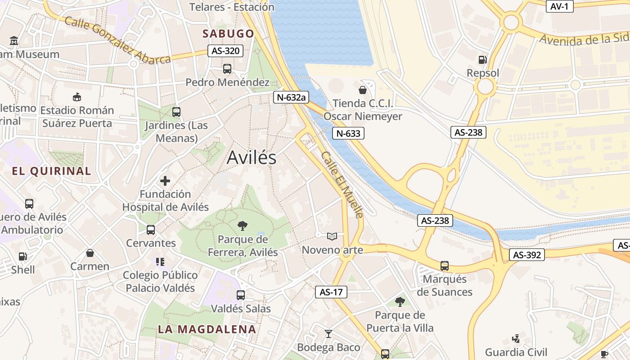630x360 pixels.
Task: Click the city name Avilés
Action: pyautogui.click(x=252, y=157)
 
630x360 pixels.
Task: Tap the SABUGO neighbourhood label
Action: pyautogui.click(x=228, y=34)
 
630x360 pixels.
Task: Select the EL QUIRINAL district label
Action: pyautogui.click(x=51, y=171)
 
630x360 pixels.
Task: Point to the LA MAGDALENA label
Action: pyautogui.click(x=207, y=329)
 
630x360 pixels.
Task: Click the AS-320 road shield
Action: pyautogui.click(x=225, y=51)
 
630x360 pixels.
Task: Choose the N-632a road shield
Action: pyautogui.click(x=291, y=97)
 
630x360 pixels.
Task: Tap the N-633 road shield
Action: pyautogui.click(x=348, y=133)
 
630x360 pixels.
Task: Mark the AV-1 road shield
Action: pyautogui.click(x=559, y=6)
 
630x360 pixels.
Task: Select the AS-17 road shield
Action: pyautogui.click(x=331, y=292)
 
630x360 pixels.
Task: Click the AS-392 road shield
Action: pyautogui.click(x=527, y=255)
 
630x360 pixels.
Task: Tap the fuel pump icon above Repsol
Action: pyautogui.click(x=483, y=59)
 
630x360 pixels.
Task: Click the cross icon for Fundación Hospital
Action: pyautogui.click(x=165, y=181)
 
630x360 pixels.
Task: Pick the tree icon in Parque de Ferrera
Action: pyautogui.click(x=243, y=225)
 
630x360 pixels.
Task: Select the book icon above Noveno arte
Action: pyautogui.click(x=332, y=236)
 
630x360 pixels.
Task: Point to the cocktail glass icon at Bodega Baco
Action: pyautogui.click(x=328, y=334)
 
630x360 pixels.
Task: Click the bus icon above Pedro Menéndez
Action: pyautogui.click(x=227, y=69)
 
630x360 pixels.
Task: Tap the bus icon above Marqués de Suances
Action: pyautogui.click(x=445, y=266)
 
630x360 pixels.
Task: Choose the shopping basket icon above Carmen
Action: pyautogui.click(x=90, y=253)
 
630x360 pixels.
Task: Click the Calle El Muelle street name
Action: pyautogui.click(x=342, y=184)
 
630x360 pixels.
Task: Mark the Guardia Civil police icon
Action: pyautogui.click(x=516, y=338)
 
